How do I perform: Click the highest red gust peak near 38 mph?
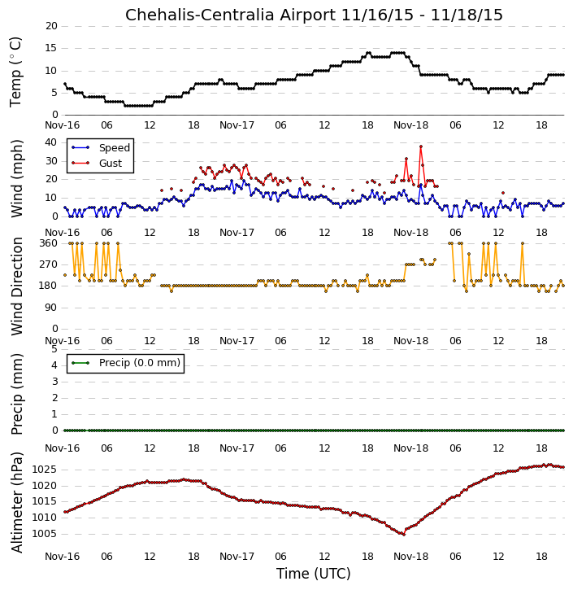(421, 146)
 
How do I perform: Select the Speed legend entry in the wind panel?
(101, 147)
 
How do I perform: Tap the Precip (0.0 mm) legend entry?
(126, 363)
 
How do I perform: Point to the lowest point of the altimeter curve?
(404, 535)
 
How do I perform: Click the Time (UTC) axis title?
(314, 574)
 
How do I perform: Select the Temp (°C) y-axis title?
(15, 72)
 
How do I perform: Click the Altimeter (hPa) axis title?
(16, 502)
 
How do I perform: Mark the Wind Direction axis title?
(16, 286)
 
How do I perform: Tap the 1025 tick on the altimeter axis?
(44, 470)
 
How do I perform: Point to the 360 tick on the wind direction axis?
(49, 243)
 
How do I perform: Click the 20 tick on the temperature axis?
(51, 26)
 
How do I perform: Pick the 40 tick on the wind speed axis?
(50, 142)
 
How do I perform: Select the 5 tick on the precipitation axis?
(54, 349)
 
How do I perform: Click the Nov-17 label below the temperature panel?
(237, 125)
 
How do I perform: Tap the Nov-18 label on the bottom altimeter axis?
(410, 556)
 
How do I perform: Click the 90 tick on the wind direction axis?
(51, 308)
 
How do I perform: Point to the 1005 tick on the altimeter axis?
(44, 534)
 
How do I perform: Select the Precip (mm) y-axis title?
(16, 395)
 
